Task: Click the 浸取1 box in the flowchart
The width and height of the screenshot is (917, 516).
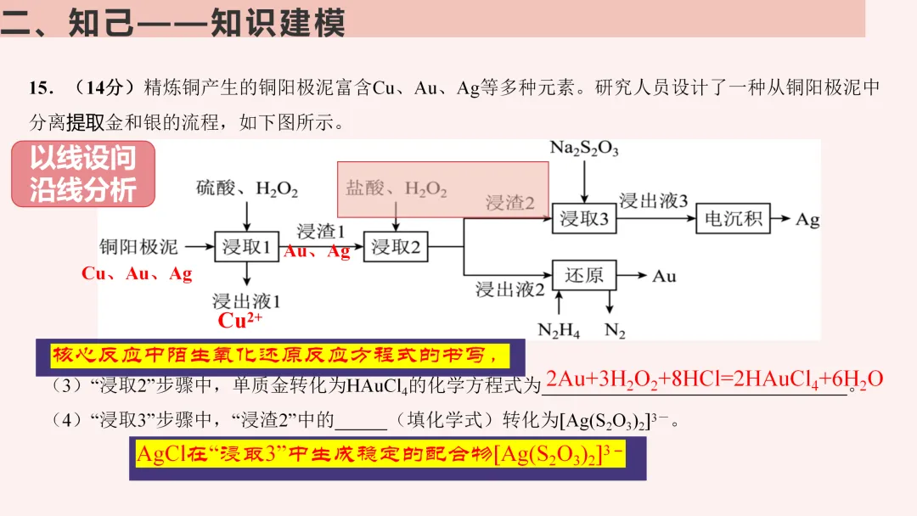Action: coord(246,247)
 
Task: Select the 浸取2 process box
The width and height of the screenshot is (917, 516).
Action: coord(396,247)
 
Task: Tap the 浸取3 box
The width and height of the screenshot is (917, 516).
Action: coord(583,219)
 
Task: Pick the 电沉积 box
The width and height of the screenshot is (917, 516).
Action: coord(734,219)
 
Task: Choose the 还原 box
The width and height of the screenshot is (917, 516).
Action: coord(584,276)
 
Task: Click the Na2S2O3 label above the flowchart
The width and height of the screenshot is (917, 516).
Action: coord(584,149)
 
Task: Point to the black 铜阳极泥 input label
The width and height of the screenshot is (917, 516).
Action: coord(138,247)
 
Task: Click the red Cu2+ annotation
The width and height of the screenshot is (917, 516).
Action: coord(240,321)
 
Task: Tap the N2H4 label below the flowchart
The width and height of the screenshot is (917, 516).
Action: coord(559,331)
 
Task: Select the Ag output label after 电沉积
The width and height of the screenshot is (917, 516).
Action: coord(807,220)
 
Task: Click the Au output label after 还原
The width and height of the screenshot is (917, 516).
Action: coord(664,276)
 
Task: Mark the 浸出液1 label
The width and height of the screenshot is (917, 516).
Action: coord(246,300)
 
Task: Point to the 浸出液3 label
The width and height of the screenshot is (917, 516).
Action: coord(653,200)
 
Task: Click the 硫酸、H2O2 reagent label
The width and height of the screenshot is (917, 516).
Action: coord(247,188)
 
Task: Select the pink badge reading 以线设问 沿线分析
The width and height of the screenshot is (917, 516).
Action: coord(83,174)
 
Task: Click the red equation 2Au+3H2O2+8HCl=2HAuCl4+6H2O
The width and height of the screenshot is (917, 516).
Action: coord(714,379)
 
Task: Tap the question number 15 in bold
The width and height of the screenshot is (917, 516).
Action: coord(41,88)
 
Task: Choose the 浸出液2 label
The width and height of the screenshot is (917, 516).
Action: coord(509,289)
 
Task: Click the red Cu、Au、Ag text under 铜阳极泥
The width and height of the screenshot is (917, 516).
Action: coord(137,274)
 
